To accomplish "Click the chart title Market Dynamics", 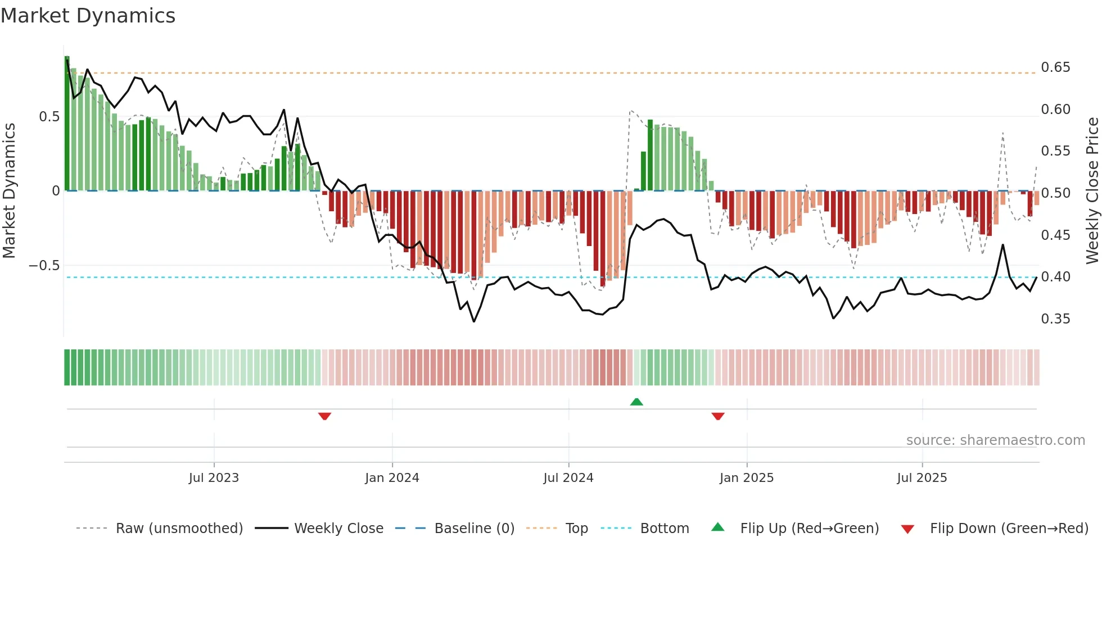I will point(88,16).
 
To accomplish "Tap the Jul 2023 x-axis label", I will point(214,478).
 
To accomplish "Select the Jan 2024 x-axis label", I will point(392,478).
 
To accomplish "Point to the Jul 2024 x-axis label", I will point(568,478).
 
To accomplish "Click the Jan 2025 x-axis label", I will point(747,478).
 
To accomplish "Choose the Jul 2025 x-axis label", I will point(922,478).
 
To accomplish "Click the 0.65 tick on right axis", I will point(1055,67).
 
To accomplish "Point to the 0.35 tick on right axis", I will point(1055,319).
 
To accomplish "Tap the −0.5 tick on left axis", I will point(44,265).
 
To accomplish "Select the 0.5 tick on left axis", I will point(49,117).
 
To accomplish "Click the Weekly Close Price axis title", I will point(1092,190).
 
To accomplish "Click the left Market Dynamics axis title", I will point(9,190).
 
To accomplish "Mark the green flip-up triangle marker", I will point(636,402).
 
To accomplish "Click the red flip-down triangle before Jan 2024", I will point(324,416).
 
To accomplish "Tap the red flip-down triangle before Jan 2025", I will point(718,416).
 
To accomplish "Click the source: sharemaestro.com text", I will point(995,440).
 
